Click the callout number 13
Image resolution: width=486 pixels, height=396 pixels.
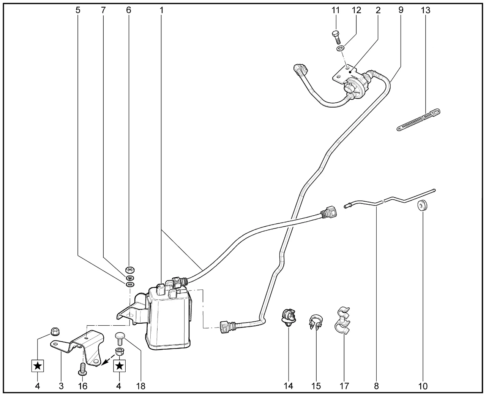tap(426, 10)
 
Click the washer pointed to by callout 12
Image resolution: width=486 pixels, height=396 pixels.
tap(340, 48)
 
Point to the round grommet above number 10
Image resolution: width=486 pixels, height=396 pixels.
tap(422, 206)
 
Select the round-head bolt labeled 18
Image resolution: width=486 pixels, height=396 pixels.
tap(120, 338)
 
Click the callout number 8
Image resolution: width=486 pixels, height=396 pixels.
tap(376, 386)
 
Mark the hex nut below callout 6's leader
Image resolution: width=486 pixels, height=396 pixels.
tap(129, 269)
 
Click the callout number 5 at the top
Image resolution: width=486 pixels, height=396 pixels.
tap(78, 10)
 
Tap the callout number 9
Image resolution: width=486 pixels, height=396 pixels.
tap(401, 10)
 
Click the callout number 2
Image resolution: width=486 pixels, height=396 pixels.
tap(378, 10)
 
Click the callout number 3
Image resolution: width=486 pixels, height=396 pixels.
tap(61, 386)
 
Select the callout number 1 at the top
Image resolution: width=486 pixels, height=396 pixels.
tap(161, 10)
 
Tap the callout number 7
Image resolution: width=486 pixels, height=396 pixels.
tap(103, 10)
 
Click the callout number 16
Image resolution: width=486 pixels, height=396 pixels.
tap(82, 386)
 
